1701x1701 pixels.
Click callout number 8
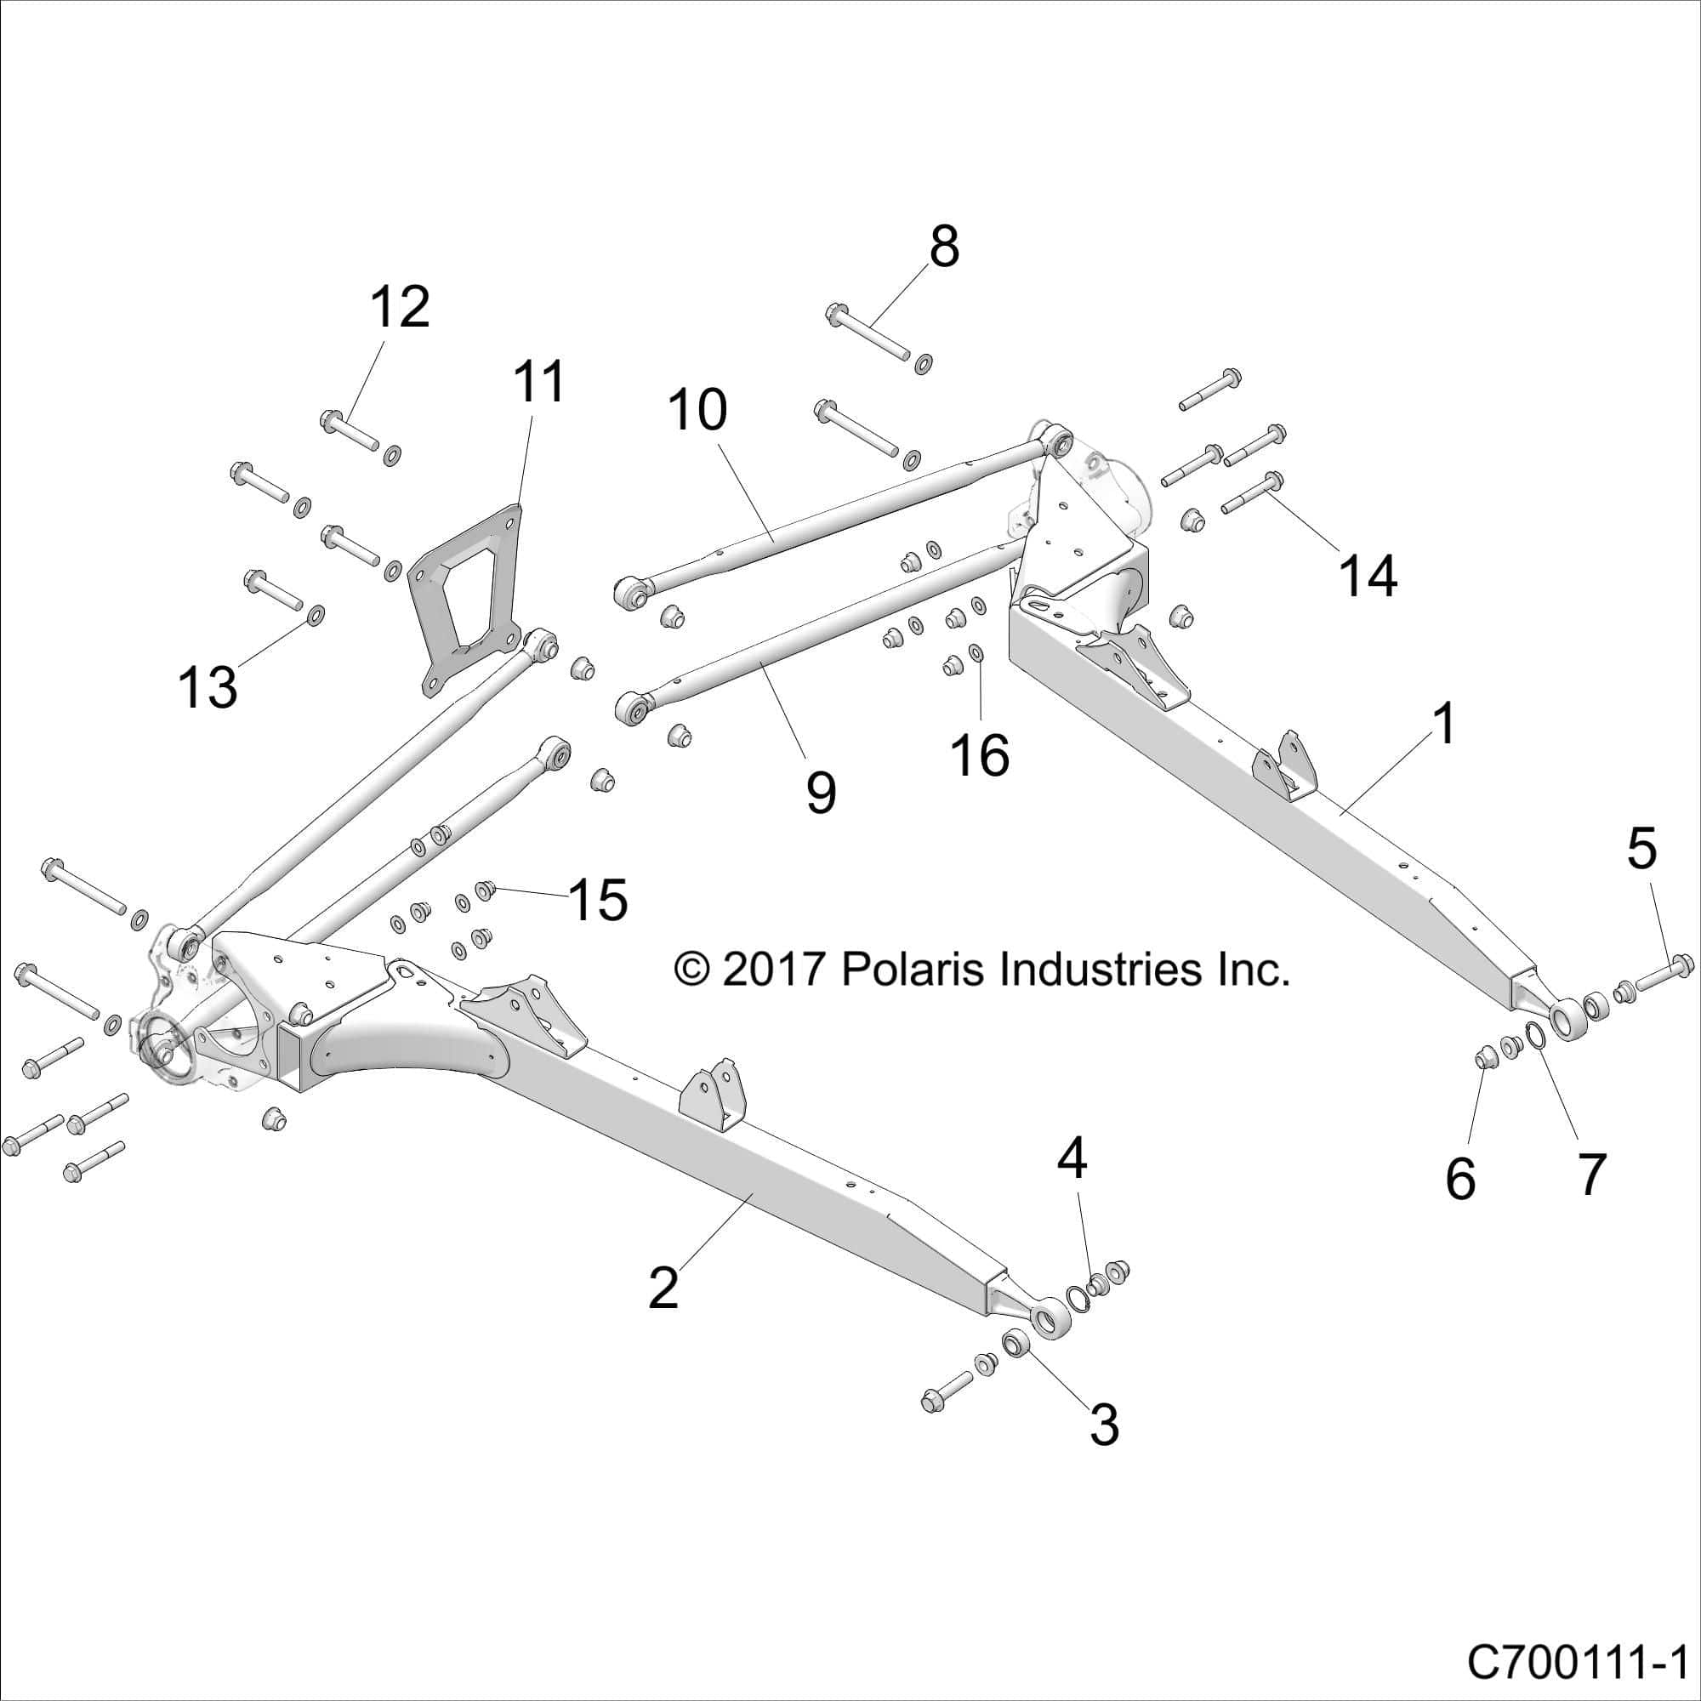click(x=943, y=249)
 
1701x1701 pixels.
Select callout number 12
click(x=400, y=308)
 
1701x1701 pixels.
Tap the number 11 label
click(x=540, y=383)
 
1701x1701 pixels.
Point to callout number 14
click(x=1368, y=577)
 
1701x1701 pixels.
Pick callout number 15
click(x=599, y=900)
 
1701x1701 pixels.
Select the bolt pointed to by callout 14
click(x=1254, y=493)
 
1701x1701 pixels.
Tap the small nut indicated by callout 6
click(x=1484, y=1055)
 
